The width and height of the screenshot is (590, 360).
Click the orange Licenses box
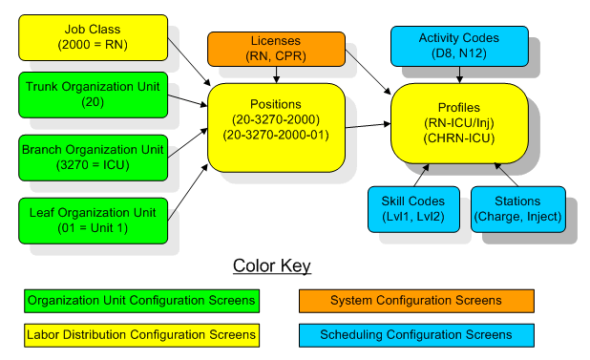pos(276,48)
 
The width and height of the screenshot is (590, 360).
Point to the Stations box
pos(517,209)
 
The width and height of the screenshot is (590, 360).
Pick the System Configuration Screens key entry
pos(415,301)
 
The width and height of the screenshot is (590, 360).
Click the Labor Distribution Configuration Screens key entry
pos(141,334)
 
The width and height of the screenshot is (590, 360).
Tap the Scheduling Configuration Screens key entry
pos(415,334)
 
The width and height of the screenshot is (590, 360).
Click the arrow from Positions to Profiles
pos(368,124)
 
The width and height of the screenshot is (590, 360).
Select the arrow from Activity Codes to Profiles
pos(460,74)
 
